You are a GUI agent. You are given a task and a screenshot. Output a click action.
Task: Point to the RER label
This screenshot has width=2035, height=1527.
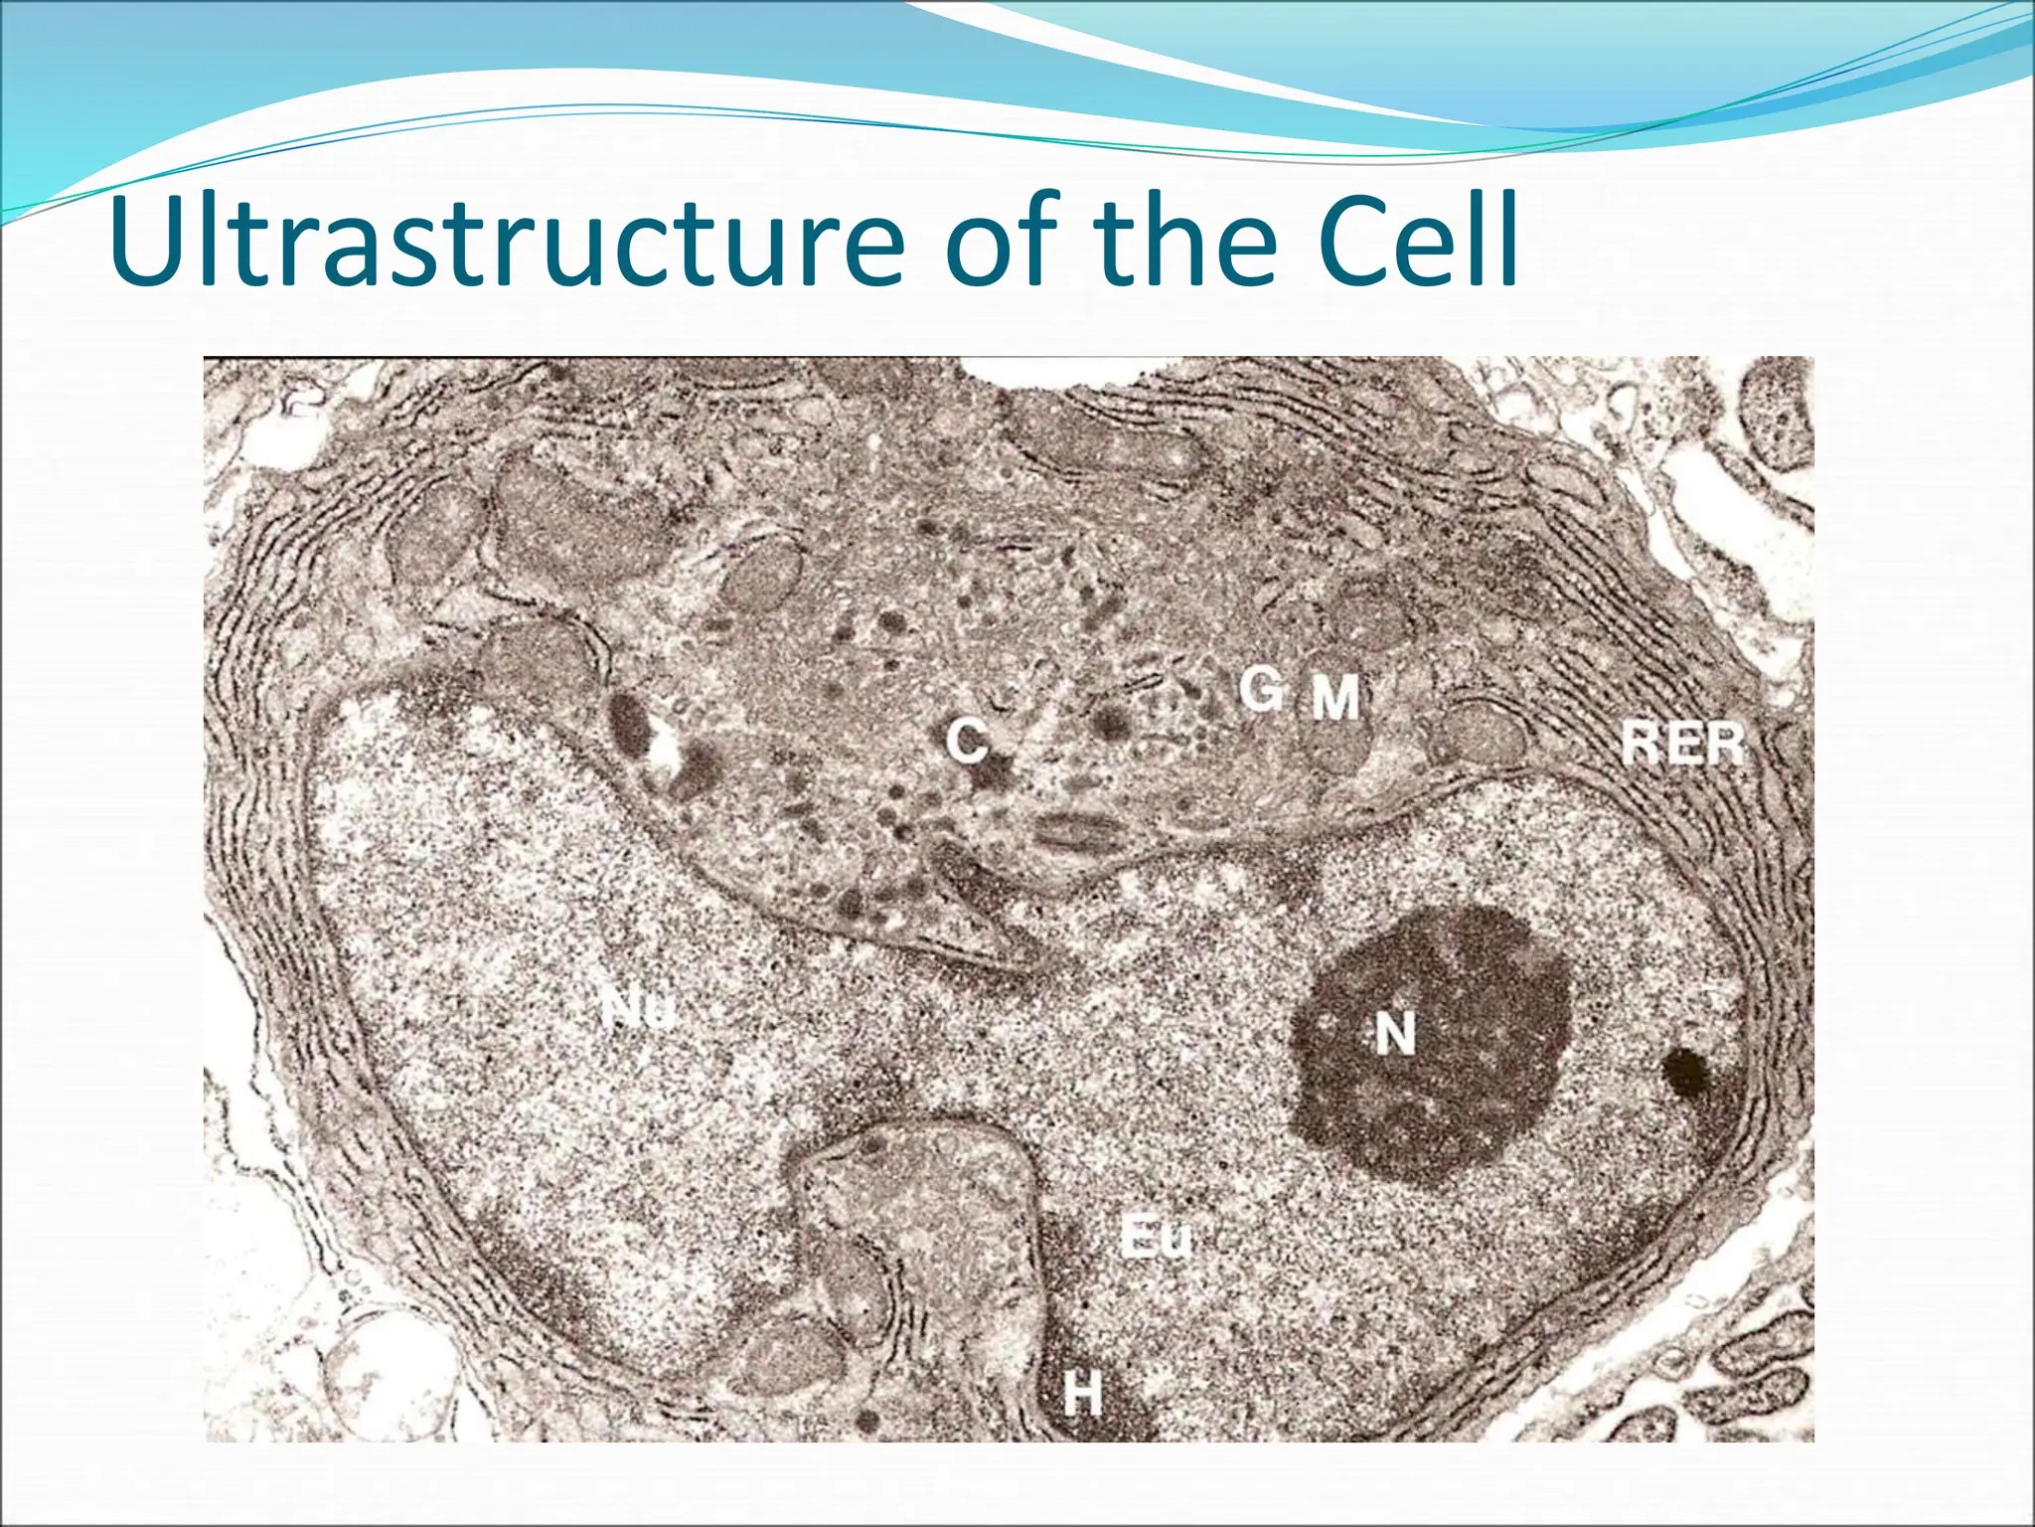point(1682,743)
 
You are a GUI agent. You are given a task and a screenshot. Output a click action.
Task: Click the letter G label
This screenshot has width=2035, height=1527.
point(1260,689)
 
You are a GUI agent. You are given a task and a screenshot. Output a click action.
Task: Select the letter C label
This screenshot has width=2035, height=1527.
point(966,742)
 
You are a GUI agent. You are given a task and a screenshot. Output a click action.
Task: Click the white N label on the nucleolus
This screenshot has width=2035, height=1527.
point(1394,1034)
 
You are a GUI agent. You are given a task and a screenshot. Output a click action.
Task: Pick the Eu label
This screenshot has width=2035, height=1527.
point(1154,1237)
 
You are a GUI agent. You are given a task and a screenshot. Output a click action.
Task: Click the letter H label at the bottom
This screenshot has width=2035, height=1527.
point(1082,1392)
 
